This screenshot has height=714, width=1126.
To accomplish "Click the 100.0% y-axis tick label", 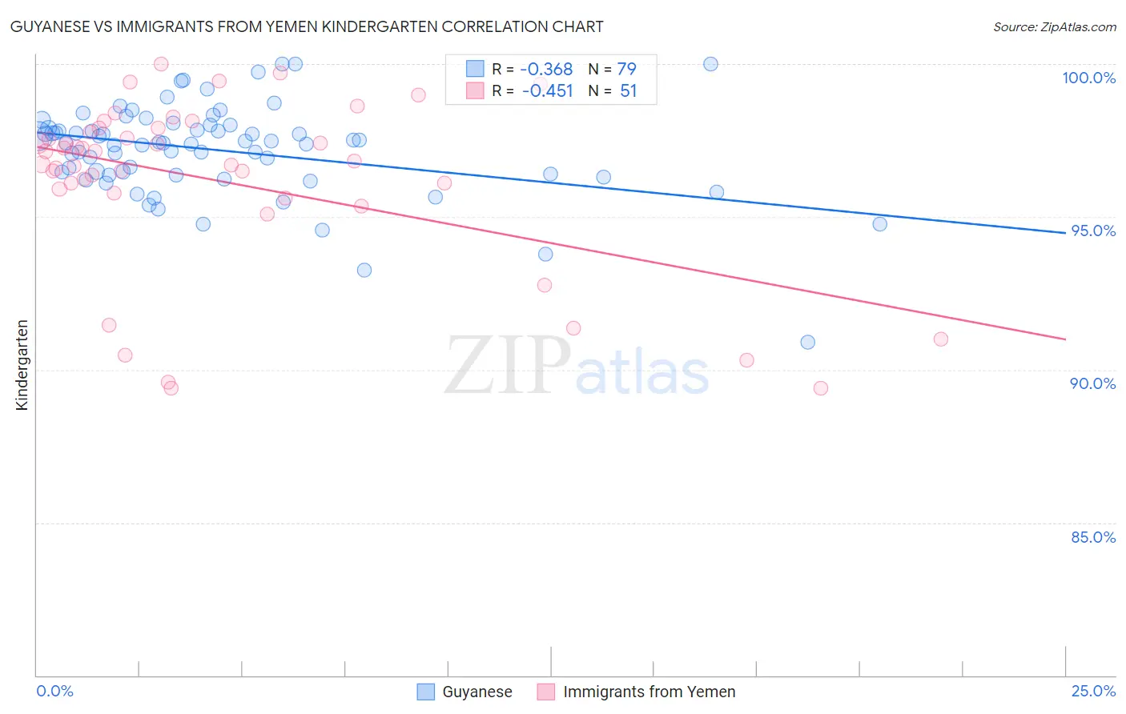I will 1088,78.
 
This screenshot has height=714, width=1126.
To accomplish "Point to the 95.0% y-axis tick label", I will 1093,231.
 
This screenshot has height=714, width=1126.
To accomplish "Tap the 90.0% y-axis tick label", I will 1092,383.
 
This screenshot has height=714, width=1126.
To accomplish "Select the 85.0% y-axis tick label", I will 1093,537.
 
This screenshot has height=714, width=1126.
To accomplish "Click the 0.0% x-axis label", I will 54,691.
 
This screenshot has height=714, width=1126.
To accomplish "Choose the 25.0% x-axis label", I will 1093,691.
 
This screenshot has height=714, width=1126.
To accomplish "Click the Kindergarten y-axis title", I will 22,365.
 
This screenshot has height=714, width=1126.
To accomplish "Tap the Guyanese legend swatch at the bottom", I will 426,692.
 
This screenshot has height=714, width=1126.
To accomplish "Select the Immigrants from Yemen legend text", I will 649,692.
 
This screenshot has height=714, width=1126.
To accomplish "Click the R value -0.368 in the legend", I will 547,70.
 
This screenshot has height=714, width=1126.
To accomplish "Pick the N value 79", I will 626,70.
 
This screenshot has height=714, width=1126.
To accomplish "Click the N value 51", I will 628,91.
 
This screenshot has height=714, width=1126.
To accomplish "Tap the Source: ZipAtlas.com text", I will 1054,27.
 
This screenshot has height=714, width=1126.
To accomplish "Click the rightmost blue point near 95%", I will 879,224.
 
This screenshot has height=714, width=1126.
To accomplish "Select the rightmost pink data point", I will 941,339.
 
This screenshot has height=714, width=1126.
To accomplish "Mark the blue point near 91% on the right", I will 807,343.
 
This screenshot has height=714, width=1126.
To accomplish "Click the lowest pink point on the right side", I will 820,388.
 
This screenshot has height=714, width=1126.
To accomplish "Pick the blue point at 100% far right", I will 710,64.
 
